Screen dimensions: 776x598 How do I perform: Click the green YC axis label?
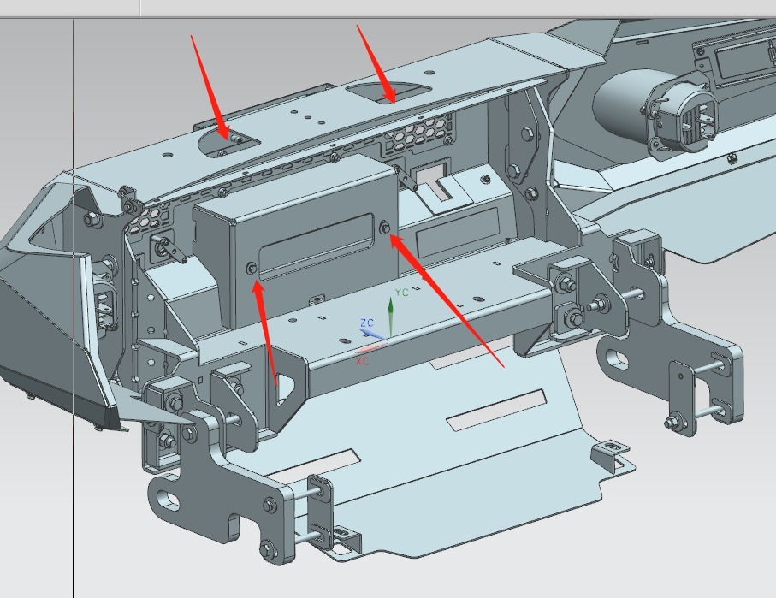(x=402, y=293)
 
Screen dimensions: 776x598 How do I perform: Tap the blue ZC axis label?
(x=367, y=323)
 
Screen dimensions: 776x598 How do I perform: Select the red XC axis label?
(x=362, y=361)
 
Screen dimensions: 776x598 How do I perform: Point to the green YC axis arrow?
(x=390, y=317)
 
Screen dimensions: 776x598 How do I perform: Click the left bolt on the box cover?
(x=252, y=269)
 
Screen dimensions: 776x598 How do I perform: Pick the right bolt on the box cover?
(x=384, y=228)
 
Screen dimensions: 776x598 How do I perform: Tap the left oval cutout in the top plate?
(x=228, y=142)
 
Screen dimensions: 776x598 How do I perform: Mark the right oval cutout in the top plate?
(x=388, y=92)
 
